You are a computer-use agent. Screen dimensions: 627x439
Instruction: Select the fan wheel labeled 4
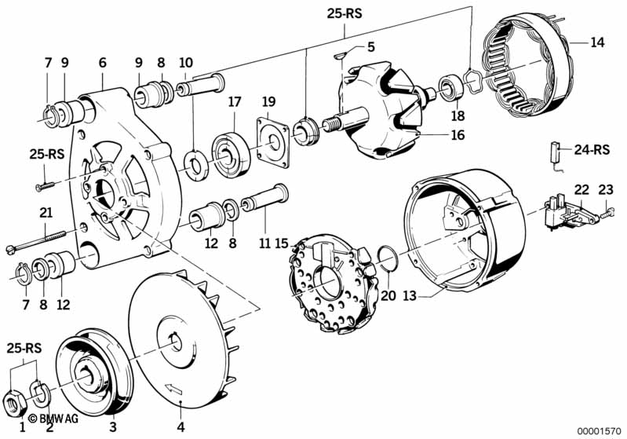pyautogui.click(x=183, y=341)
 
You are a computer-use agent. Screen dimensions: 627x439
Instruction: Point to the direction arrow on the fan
pyautogui.click(x=173, y=387)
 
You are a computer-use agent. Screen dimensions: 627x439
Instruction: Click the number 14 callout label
pyautogui.click(x=597, y=42)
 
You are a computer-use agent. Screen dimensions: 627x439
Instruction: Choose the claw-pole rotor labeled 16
pyautogui.click(x=379, y=111)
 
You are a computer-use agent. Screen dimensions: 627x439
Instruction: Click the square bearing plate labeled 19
pyautogui.click(x=273, y=141)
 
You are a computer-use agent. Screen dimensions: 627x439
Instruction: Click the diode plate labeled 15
pyautogui.click(x=334, y=284)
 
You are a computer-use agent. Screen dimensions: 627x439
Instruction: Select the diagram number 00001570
pyautogui.click(x=599, y=430)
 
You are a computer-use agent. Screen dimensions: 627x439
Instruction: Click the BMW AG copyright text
pyautogui.click(x=53, y=419)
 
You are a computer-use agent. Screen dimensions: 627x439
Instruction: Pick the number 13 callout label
pyautogui.click(x=410, y=296)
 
